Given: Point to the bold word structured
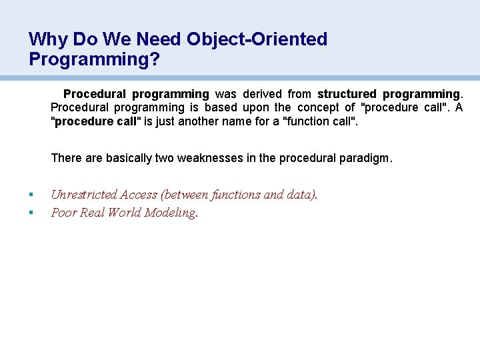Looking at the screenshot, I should click(347, 94).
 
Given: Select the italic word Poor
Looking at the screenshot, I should click(63, 213).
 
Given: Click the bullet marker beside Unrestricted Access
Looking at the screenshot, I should click(31, 195).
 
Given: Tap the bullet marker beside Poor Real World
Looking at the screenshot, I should click(31, 213).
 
